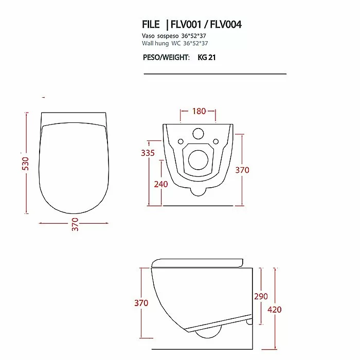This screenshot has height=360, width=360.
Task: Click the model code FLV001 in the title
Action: (186, 24)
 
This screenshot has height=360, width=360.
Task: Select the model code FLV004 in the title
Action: (226, 24)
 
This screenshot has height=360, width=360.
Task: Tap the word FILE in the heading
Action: (151, 24)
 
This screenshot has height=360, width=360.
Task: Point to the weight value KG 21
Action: (207, 57)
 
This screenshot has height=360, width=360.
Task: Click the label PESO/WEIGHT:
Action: (166, 57)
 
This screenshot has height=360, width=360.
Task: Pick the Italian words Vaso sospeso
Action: (160, 36)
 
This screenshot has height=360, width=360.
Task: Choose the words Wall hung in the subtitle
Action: (155, 43)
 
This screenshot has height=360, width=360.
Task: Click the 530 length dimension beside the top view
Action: (26, 164)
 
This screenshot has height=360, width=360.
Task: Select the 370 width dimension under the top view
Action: (75, 224)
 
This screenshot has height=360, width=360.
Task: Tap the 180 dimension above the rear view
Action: (199, 111)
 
